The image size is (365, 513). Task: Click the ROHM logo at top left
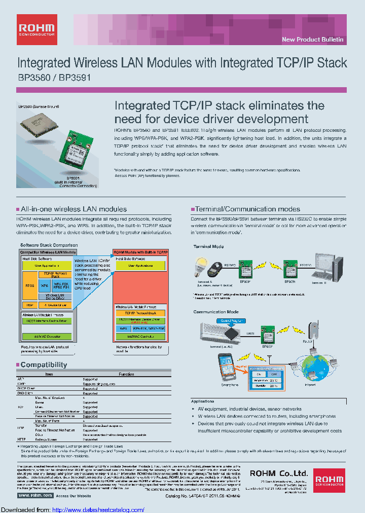pos(37,29)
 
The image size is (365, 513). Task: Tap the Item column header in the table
pos(49,374)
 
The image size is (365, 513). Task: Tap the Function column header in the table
pos(126,374)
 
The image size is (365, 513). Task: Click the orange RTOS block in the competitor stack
pos(28,285)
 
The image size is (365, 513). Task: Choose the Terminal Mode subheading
pos(208,246)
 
